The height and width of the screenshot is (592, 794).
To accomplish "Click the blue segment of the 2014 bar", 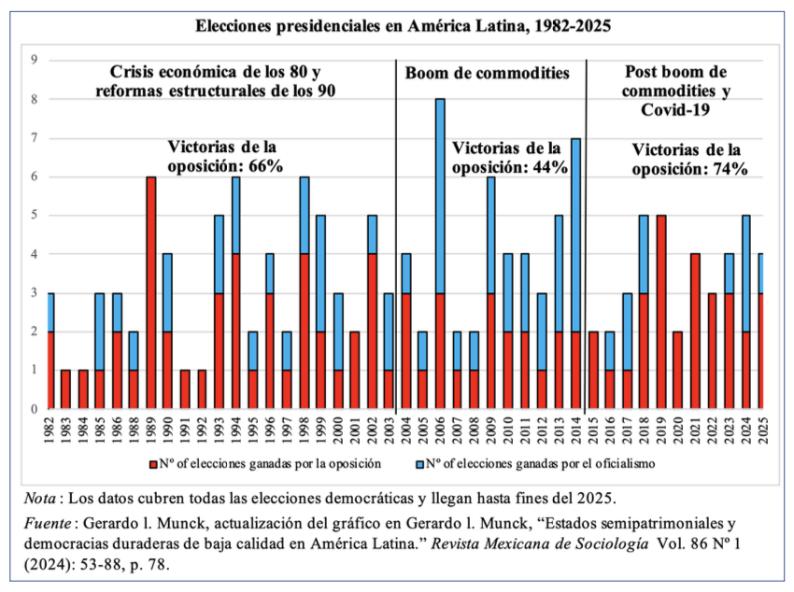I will click(x=576, y=234).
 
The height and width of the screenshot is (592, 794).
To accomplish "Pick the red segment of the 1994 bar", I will click(x=234, y=331).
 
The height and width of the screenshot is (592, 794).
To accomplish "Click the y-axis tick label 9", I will click(x=34, y=61).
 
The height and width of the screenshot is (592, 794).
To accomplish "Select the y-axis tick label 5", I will click(x=34, y=216).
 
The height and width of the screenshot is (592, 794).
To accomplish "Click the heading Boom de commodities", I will click(x=487, y=73).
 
